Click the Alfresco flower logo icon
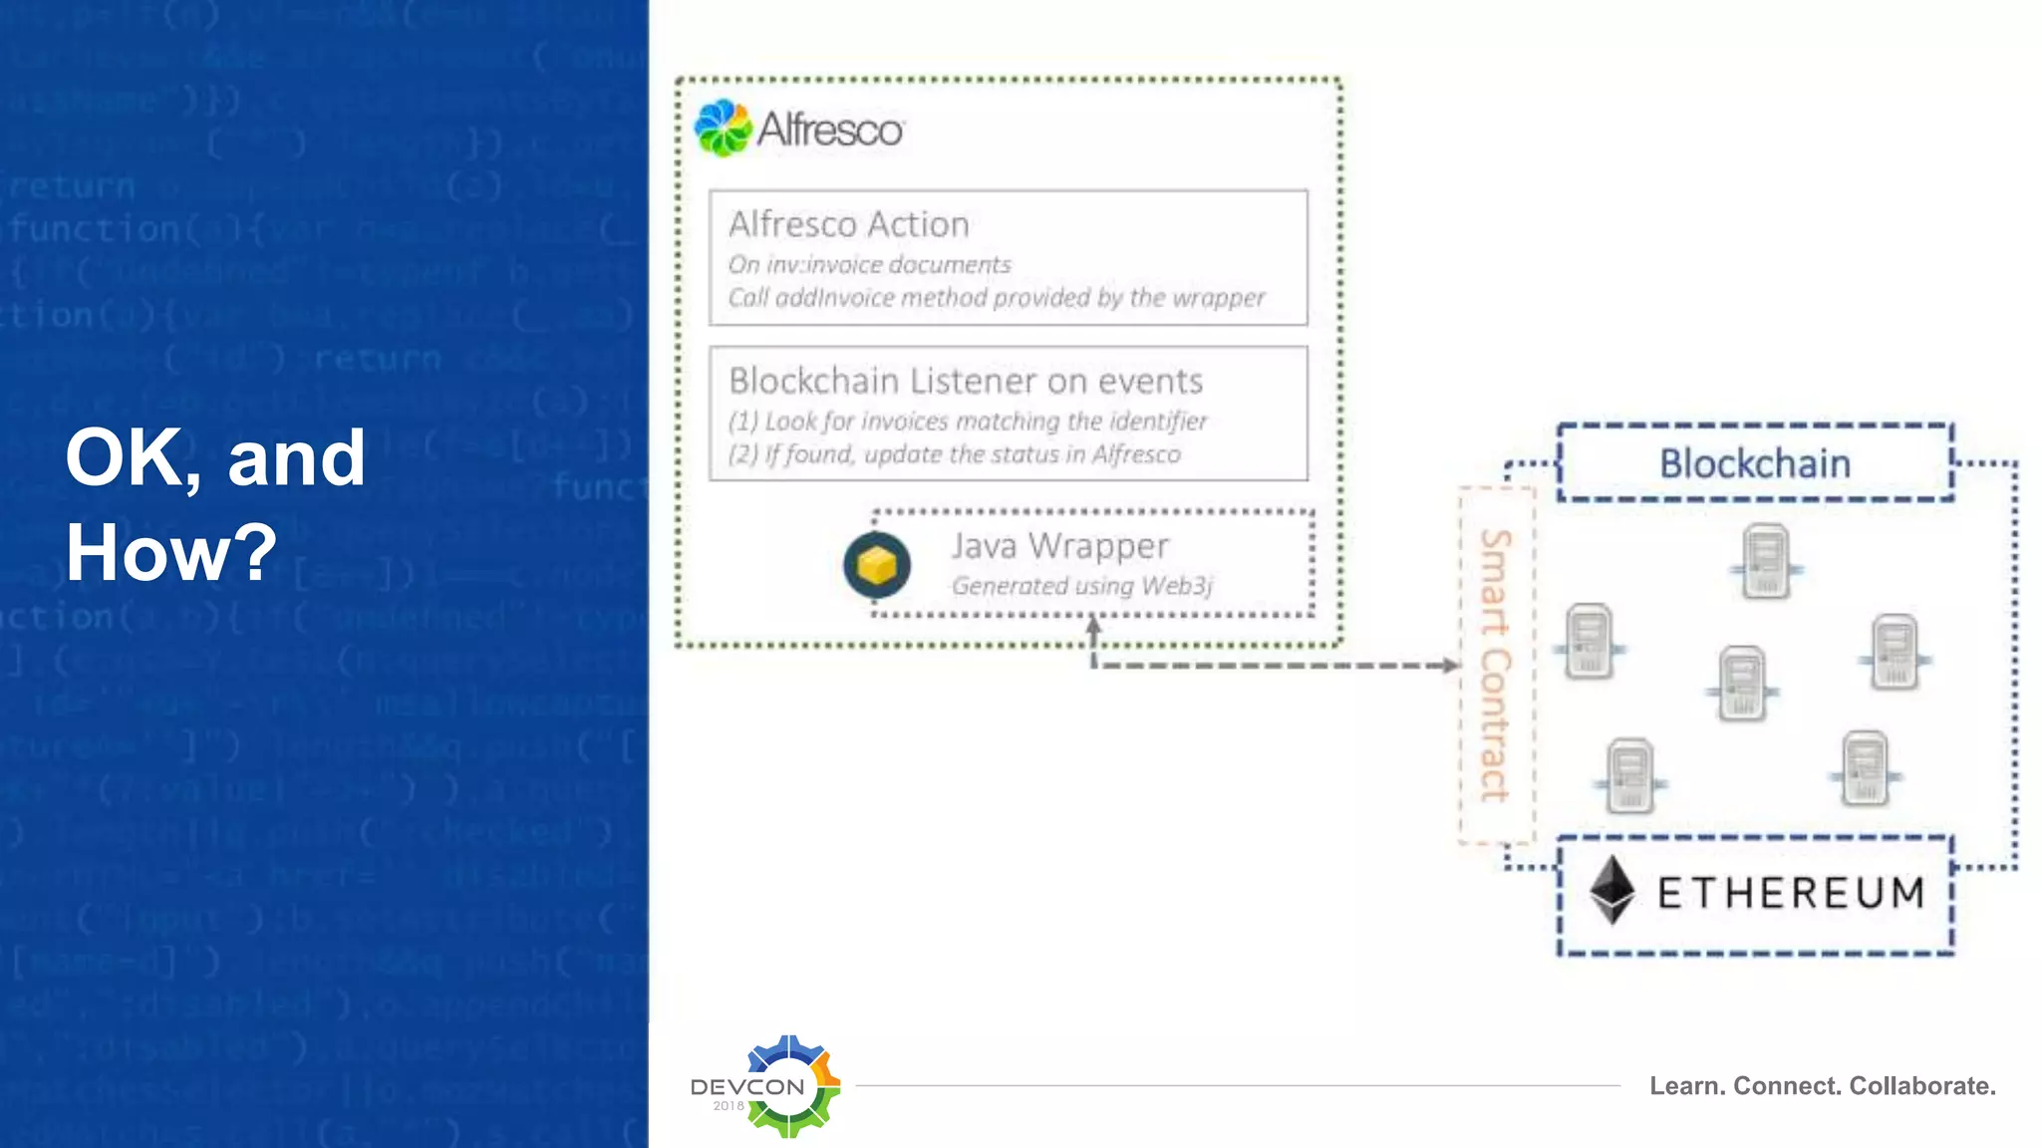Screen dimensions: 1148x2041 click(x=723, y=129)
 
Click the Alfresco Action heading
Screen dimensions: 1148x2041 click(x=848, y=224)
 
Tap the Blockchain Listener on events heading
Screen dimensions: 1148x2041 click(x=965, y=381)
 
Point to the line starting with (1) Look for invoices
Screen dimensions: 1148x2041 click(x=967, y=422)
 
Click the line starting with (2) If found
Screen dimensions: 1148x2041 click(x=954, y=455)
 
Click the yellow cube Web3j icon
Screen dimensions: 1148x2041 click(x=877, y=565)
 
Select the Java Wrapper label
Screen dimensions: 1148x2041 click(x=1059, y=546)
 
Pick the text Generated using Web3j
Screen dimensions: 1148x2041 click(x=1082, y=586)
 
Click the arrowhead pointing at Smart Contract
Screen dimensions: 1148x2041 click(x=1450, y=665)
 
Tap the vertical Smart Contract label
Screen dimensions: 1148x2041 click(x=1495, y=665)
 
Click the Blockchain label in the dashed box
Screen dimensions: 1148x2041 click(x=1754, y=463)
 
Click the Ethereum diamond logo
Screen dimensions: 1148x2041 click(x=1610, y=890)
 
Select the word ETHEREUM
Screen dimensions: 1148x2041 click(x=1791, y=893)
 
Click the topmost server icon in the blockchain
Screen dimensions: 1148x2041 click(x=1766, y=561)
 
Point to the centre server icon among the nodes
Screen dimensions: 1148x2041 click(x=1742, y=684)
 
